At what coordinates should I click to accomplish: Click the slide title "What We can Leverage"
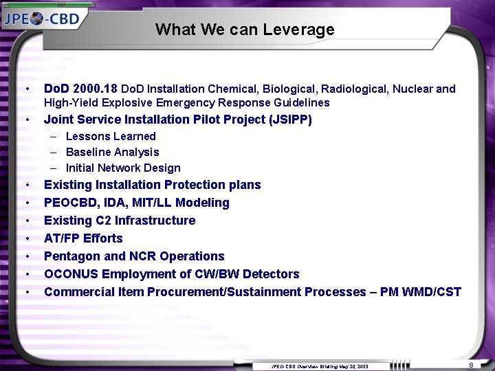(245, 30)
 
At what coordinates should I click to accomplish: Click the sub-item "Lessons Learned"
(111, 136)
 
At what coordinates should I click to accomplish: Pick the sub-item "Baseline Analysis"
(112, 152)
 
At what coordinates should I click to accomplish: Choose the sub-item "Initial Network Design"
(123, 168)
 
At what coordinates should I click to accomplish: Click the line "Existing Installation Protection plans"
(152, 185)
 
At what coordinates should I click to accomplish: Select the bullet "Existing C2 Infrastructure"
(120, 221)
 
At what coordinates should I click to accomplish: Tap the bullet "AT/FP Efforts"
(83, 238)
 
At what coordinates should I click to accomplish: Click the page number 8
(471, 364)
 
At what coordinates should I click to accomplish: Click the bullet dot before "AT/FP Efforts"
(26, 239)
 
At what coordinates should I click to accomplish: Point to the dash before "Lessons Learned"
(54, 137)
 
